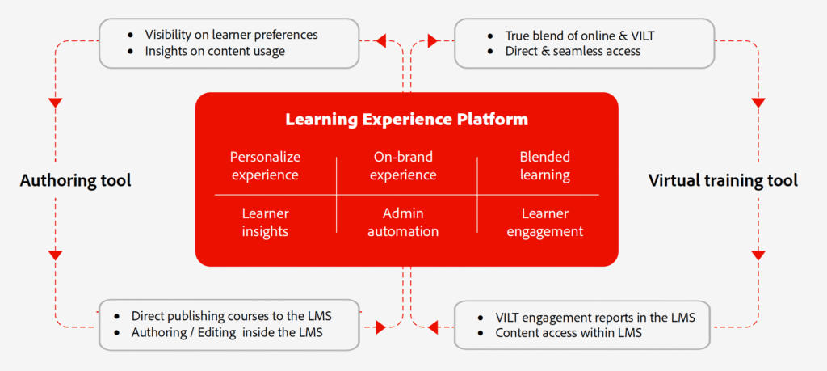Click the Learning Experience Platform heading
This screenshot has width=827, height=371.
click(406, 120)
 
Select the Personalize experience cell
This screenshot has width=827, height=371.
click(264, 166)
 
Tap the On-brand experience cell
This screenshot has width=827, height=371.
click(405, 166)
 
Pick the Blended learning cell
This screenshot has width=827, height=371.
click(545, 166)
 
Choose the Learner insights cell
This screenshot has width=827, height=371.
click(265, 222)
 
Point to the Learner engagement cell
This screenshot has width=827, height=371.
click(545, 222)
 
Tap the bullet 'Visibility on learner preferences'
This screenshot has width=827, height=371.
click(231, 35)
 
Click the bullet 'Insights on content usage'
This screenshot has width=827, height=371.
click(215, 52)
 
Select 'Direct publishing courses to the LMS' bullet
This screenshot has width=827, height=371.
click(231, 315)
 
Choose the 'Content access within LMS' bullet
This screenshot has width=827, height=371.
click(569, 333)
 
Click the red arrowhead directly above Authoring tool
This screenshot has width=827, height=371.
click(55, 103)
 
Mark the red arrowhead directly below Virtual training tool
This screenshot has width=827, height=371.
click(758, 255)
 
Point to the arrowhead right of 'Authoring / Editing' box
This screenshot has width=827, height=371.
click(380, 327)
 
